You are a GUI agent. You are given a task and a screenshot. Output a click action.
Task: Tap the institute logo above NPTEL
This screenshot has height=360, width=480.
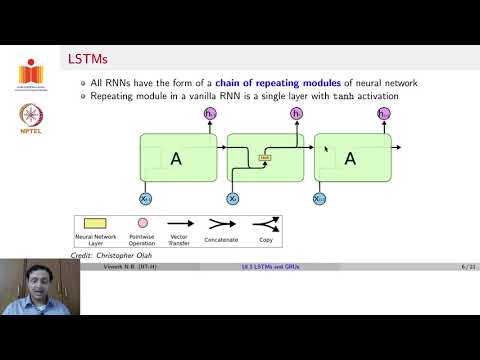pyautogui.click(x=30, y=73)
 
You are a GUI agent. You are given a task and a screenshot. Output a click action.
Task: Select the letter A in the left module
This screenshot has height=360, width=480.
pyautogui.click(x=177, y=158)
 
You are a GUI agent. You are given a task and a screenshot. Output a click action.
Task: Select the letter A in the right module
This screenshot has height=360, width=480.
pyautogui.click(x=350, y=158)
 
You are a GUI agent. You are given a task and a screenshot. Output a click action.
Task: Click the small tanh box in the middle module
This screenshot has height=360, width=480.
pyautogui.click(x=265, y=157)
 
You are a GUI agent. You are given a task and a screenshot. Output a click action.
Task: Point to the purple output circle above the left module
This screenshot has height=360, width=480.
pyautogui.click(x=211, y=116)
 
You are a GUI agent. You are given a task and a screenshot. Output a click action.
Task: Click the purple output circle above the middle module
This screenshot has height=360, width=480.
pyautogui.click(x=297, y=116)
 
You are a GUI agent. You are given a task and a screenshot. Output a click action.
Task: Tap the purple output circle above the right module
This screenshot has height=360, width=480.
pyautogui.click(x=383, y=116)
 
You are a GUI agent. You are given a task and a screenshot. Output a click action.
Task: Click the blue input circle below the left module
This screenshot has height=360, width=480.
pyautogui.click(x=146, y=198)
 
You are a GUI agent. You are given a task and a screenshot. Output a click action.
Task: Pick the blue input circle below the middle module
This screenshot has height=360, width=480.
pyautogui.click(x=234, y=198)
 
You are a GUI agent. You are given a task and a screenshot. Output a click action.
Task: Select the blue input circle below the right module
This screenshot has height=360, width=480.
pyautogui.click(x=320, y=198)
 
